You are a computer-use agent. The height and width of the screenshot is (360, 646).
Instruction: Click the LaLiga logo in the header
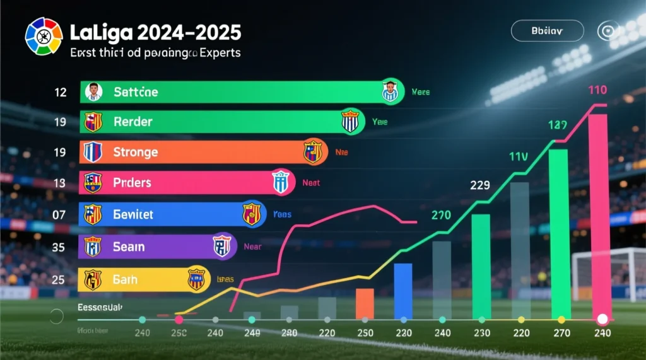[x=44, y=37]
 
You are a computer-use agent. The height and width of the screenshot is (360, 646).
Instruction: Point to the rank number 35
[x=59, y=247]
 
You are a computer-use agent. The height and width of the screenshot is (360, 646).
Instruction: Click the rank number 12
[x=61, y=93]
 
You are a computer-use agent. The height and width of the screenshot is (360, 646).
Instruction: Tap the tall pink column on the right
[x=597, y=214]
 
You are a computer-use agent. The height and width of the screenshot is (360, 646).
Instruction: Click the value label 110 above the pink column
[x=597, y=90]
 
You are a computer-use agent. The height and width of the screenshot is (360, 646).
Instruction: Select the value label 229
[x=480, y=185]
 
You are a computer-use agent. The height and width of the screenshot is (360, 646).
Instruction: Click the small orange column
[x=365, y=303]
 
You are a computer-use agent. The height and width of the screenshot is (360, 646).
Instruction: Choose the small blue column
[x=402, y=291]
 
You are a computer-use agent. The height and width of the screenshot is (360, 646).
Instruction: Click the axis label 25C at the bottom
[x=179, y=333]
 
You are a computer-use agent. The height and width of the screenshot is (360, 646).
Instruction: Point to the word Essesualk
[x=100, y=307]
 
